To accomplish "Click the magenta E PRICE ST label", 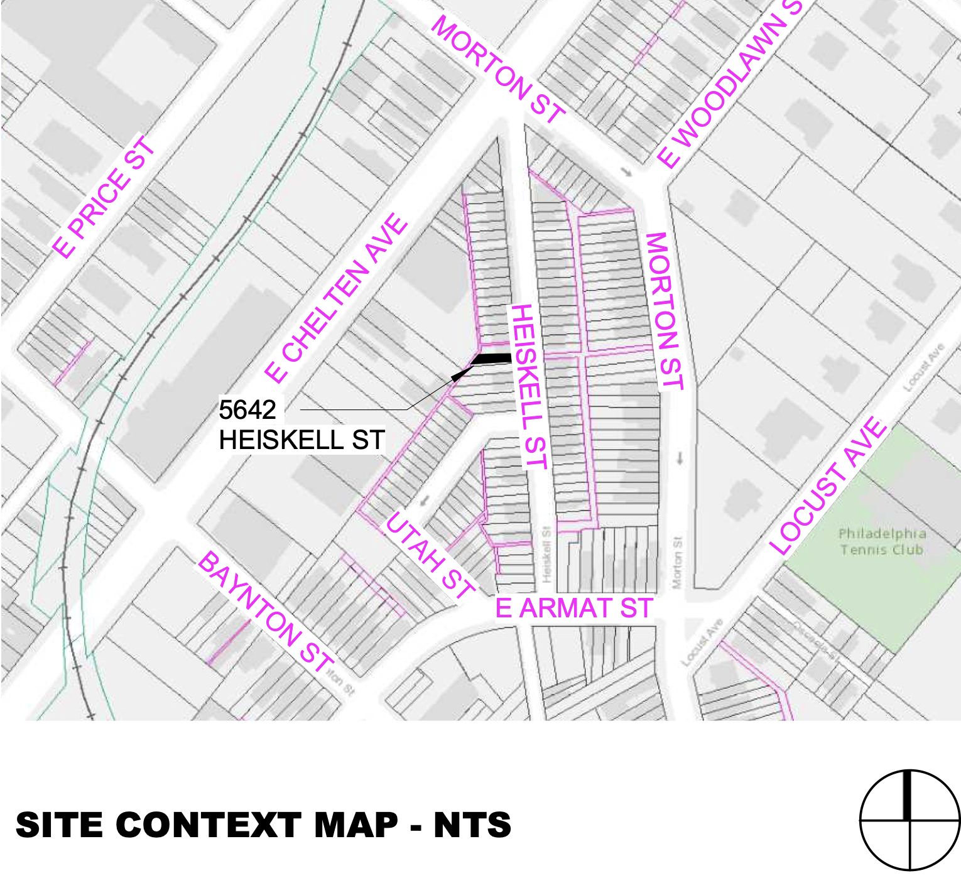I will tap(104, 197).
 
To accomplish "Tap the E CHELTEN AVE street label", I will tap(337, 298).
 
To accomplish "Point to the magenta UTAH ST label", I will tap(430, 555).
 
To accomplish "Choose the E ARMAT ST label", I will tap(574, 609).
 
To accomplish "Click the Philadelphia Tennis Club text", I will tap(882, 541).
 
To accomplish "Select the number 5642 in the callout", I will tap(247, 410).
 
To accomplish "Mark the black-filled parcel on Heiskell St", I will tap(492, 359).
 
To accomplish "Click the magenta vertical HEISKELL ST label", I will tap(529, 386).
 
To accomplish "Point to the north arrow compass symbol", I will tap(909, 820).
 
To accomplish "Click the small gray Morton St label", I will tap(677, 562).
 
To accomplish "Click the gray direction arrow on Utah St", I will tap(425, 501).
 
